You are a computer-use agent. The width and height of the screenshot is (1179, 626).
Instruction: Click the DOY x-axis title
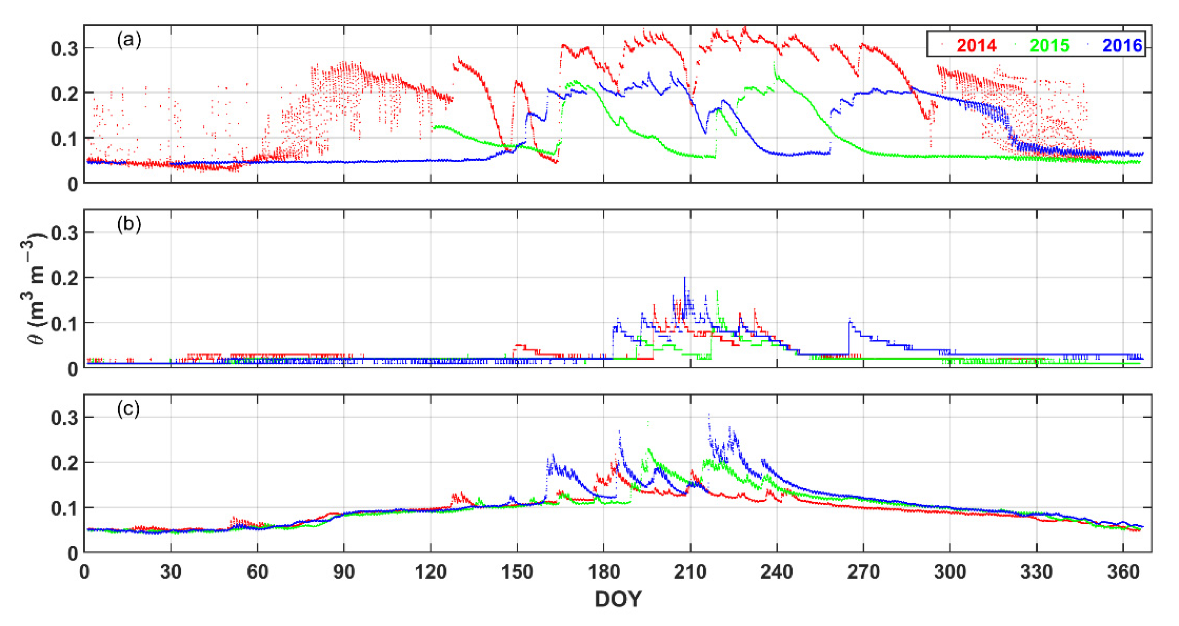click(x=618, y=599)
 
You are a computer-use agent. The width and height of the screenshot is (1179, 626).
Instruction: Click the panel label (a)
click(x=129, y=41)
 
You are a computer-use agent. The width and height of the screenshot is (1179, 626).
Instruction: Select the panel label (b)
click(x=129, y=224)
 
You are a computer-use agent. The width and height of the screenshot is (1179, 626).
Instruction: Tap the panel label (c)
click(x=129, y=409)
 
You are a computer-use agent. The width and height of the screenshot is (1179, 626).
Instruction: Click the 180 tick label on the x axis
click(x=604, y=572)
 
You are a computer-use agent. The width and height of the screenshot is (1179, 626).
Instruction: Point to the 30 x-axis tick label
click(x=171, y=572)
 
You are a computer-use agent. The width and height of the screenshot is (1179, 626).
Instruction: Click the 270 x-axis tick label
click(x=863, y=572)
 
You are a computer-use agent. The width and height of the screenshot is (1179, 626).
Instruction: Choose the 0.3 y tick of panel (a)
click(x=64, y=49)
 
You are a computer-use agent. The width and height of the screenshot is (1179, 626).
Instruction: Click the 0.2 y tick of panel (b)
click(x=64, y=278)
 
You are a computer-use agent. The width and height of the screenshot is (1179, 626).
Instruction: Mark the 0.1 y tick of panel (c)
click(x=64, y=508)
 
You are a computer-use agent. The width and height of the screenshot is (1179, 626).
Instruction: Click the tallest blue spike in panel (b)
click(x=685, y=278)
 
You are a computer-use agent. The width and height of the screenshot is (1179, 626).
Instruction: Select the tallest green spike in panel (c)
click(x=648, y=422)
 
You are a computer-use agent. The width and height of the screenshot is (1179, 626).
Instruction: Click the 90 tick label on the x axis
click(x=344, y=572)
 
